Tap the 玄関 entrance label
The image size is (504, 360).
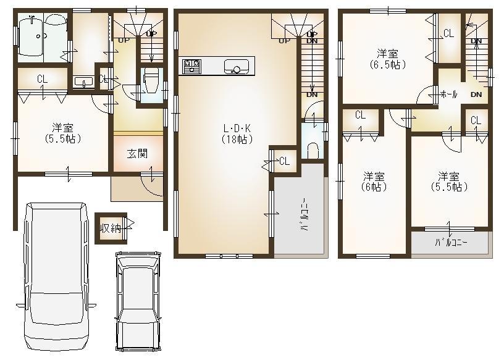[137, 154]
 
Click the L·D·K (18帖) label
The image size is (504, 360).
[237, 134]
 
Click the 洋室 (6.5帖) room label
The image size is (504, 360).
[388, 59]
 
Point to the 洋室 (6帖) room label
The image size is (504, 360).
[374, 181]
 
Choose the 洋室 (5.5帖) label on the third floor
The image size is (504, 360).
[450, 181]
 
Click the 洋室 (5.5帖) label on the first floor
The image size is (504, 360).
[64, 133]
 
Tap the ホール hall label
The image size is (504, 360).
[447, 94]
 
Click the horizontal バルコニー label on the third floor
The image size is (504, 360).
[451, 242]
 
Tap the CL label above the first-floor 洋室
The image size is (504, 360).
[42, 79]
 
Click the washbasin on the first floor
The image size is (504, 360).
[82, 81]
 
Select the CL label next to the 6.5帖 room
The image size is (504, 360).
[449, 33]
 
